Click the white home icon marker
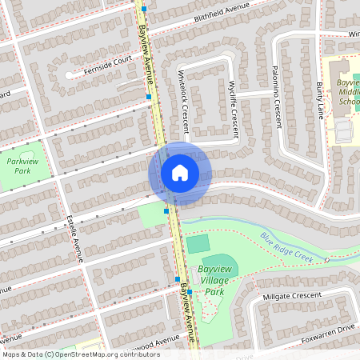(x=180, y=172)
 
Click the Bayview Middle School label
(x=350, y=93)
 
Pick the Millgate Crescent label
(x=296, y=298)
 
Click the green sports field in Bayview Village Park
(x=198, y=242)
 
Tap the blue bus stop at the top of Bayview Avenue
(x=144, y=10)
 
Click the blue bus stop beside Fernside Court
(x=149, y=97)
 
